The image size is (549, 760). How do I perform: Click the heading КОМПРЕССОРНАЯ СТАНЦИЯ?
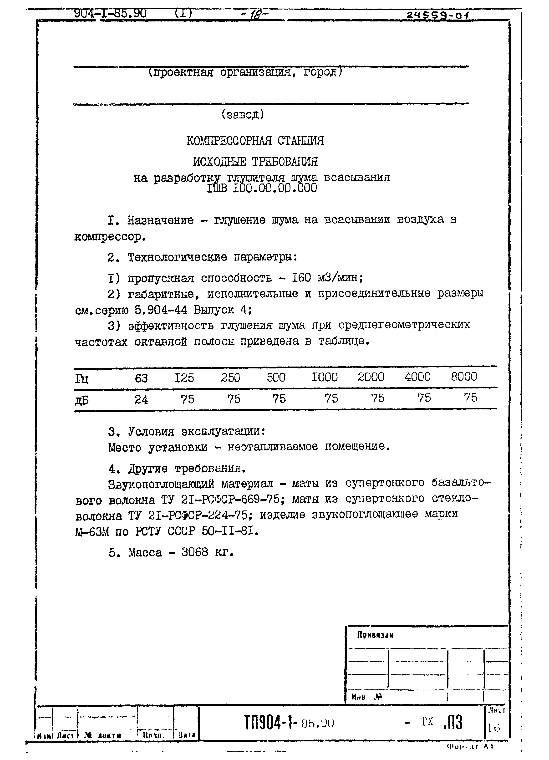[x=255, y=140]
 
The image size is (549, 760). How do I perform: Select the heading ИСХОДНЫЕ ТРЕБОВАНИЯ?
[x=255, y=162]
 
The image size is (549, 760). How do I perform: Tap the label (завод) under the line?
[x=243, y=115]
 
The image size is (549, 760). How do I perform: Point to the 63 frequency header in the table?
[x=141, y=378]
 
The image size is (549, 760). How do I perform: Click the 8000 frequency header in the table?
[x=464, y=377]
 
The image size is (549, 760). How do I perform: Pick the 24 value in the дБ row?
[x=141, y=399]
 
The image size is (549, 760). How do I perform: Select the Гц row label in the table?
[x=82, y=379]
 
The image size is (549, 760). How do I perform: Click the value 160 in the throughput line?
[x=301, y=278]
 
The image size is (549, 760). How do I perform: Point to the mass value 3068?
[x=195, y=552]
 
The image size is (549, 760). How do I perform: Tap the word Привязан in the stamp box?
[x=375, y=635]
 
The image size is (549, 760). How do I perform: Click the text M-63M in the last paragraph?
[x=92, y=532]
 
